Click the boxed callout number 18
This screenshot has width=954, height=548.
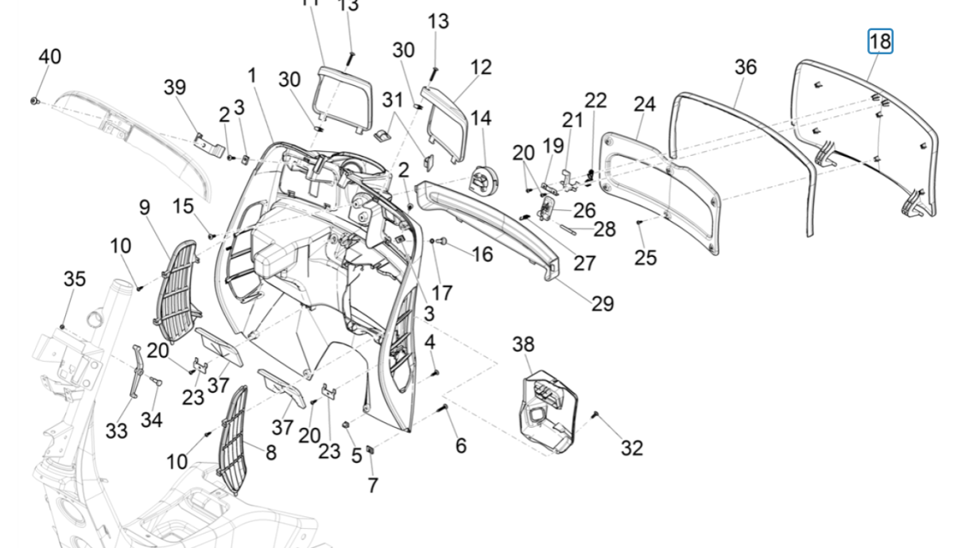coord(880,41)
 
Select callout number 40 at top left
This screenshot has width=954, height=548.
coord(49,57)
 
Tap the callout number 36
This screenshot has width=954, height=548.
coord(745,68)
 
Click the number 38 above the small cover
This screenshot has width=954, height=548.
coord(523,344)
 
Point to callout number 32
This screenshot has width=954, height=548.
coord(631,448)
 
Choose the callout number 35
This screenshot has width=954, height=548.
coord(74,278)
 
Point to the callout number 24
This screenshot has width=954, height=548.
coord(644,104)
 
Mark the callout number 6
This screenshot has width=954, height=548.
coord(460,445)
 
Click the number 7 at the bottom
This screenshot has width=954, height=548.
coord(372,484)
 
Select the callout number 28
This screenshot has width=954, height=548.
coord(604,230)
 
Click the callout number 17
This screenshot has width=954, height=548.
coord(442,292)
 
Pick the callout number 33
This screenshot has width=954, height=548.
coord(116,430)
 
